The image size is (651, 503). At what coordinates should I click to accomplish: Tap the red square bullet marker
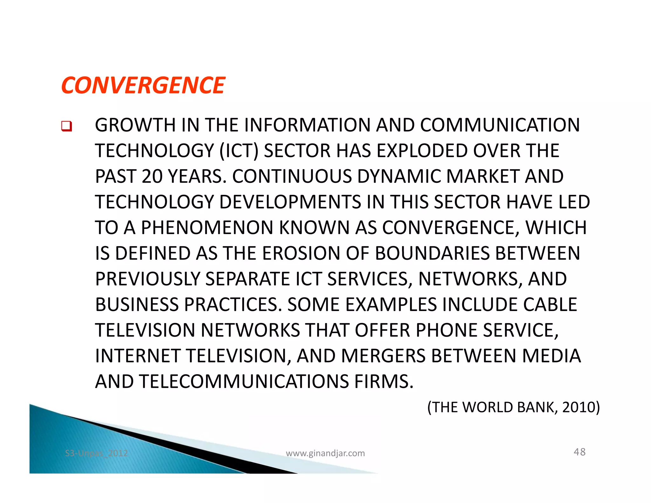tap(66, 126)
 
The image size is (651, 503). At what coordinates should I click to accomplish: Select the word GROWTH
tap(135, 125)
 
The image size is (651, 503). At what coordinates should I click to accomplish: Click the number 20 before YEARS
tap(152, 176)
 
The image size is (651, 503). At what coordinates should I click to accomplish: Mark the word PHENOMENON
tap(207, 228)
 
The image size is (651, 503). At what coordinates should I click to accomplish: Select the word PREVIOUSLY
tap(147, 279)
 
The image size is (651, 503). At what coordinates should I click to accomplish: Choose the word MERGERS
tap(383, 356)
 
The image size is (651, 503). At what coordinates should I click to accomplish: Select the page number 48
tap(579, 452)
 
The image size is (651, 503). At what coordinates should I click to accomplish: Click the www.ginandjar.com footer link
tap(325, 453)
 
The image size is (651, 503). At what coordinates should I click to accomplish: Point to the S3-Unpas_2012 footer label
tap(96, 453)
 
